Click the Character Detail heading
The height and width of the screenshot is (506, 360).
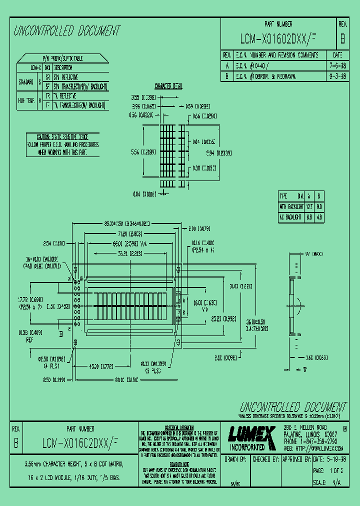[x=168, y=86]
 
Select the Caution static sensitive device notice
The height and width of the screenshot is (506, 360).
[x=62, y=144]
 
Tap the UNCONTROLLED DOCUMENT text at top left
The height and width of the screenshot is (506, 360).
[x=67, y=31]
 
